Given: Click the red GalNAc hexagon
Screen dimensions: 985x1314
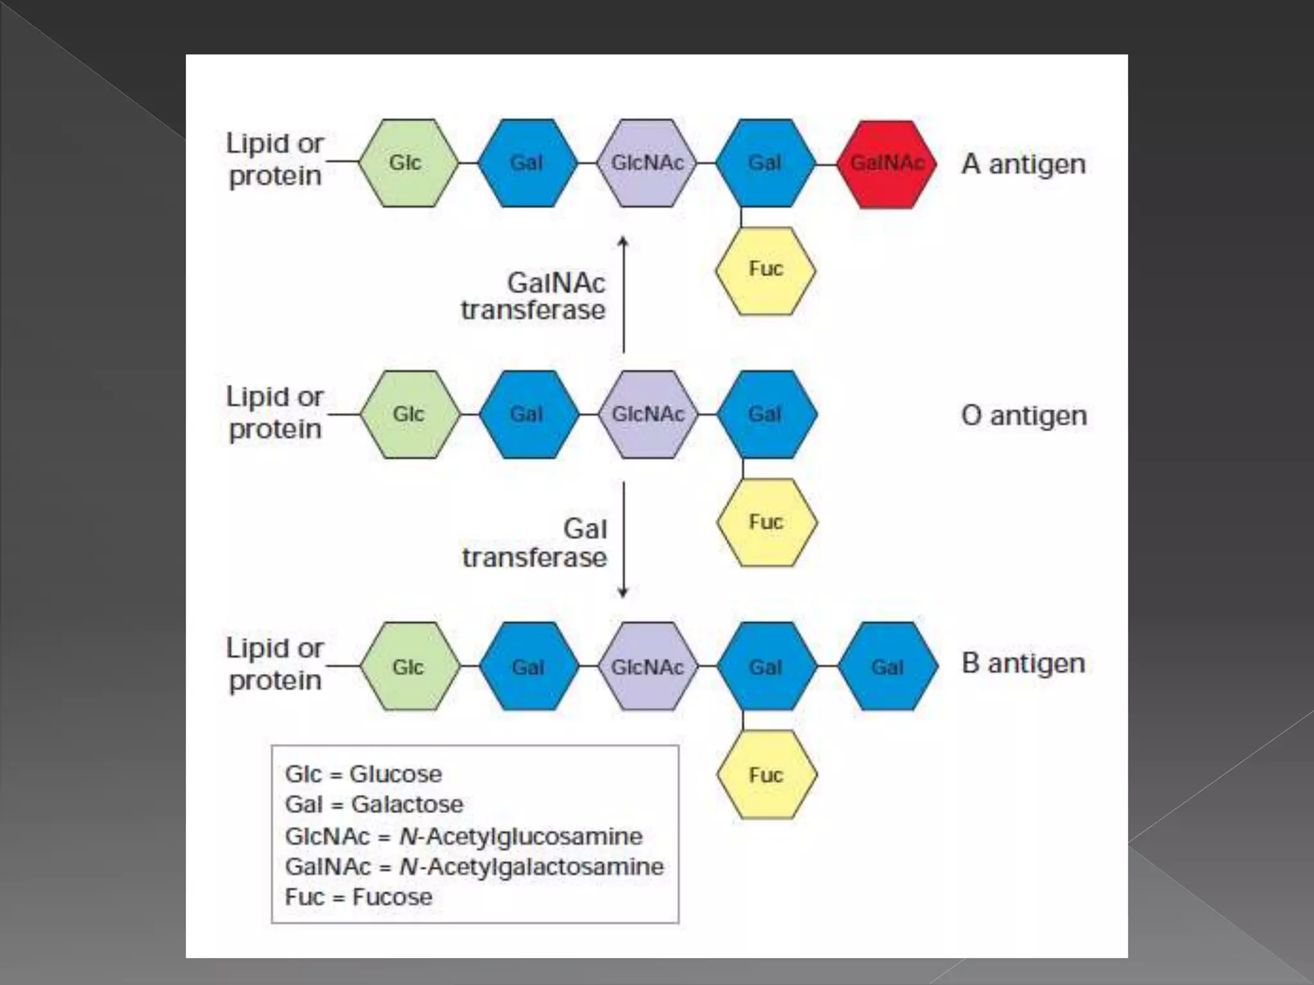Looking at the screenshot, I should tap(887, 164).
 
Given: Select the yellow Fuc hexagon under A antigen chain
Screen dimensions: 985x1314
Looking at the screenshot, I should tap(765, 271).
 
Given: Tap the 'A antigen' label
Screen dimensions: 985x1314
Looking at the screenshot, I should tap(1023, 164).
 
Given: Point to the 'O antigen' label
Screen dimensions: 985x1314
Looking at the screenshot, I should tap(1024, 416).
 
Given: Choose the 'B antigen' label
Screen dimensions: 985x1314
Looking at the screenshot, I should tap(1023, 663).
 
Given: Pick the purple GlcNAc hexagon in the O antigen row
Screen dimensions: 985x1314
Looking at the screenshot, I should tap(648, 414).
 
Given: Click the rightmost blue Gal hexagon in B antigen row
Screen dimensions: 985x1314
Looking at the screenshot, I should tap(888, 667).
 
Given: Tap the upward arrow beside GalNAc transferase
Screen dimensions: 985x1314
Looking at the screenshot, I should tap(623, 295).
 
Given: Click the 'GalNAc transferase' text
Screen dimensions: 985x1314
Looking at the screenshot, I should tap(534, 296).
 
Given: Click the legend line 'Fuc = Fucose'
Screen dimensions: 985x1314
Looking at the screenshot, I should tap(359, 897).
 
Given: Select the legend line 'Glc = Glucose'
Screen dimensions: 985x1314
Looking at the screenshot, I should tap(363, 774).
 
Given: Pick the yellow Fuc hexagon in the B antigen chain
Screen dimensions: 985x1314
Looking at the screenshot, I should tap(767, 775).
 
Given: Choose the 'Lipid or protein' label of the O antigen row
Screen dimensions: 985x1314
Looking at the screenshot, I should tap(275, 413).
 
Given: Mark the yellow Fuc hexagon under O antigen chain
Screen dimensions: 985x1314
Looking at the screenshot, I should tap(767, 523).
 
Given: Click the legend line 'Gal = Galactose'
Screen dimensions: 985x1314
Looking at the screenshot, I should tap(374, 804).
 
